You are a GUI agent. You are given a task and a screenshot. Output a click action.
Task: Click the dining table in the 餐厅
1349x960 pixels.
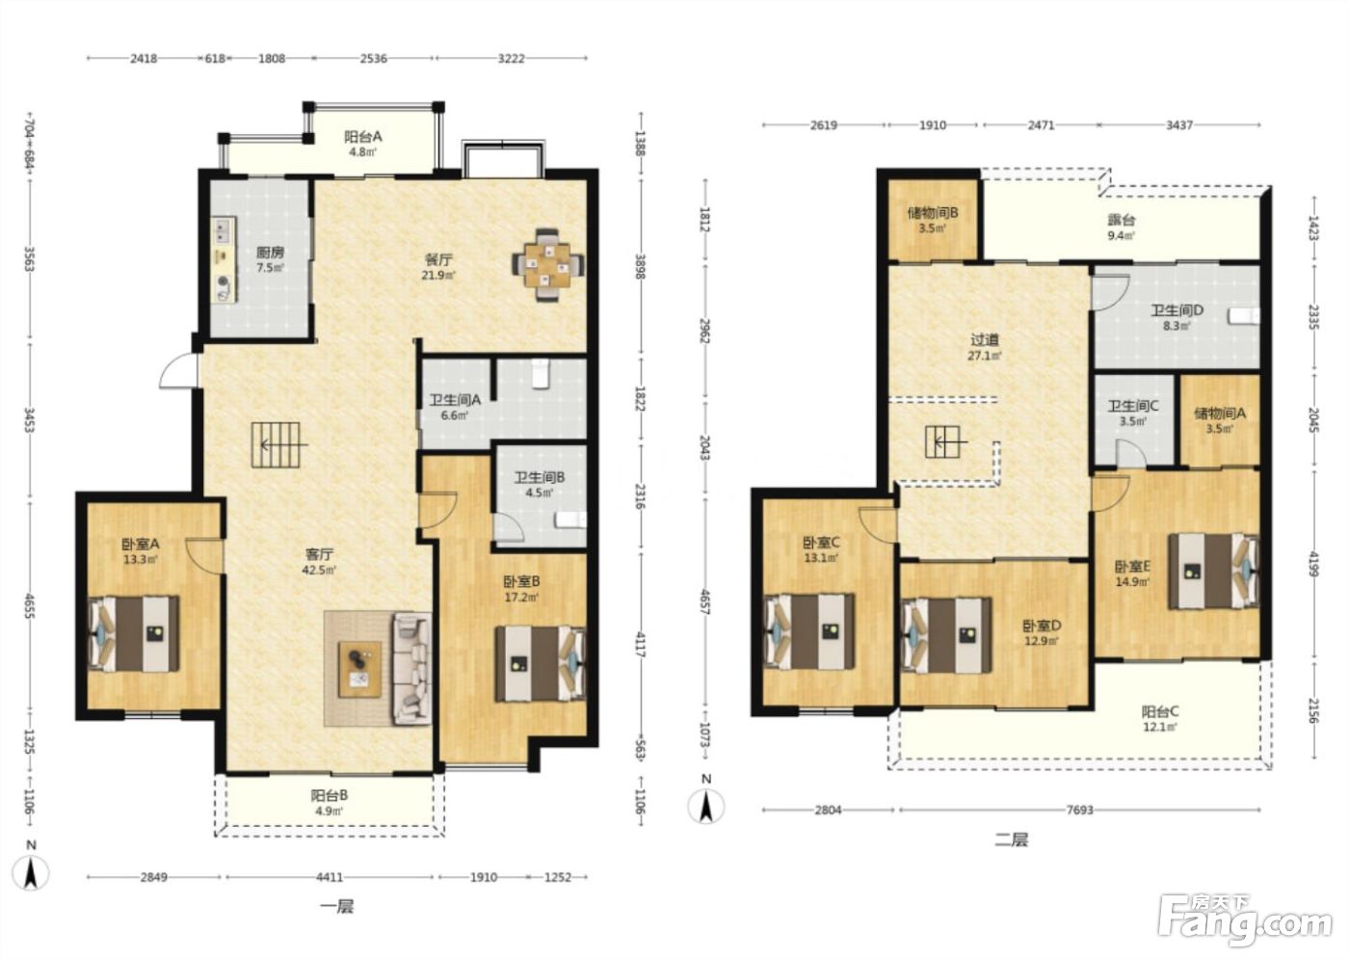click(547, 264)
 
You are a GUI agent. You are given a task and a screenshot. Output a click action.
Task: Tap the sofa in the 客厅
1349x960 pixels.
click(412, 669)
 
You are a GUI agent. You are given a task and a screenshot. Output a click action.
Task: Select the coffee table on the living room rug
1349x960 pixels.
click(359, 669)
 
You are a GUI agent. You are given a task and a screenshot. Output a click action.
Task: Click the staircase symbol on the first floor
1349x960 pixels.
click(276, 445)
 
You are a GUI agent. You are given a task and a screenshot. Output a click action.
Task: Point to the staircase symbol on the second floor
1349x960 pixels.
click(943, 441)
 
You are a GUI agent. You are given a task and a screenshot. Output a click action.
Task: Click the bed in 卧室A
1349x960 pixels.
click(134, 633)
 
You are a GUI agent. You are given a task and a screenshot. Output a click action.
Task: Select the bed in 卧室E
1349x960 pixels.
click(1213, 571)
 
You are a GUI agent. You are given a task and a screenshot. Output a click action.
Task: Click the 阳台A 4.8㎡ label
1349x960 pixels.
click(363, 144)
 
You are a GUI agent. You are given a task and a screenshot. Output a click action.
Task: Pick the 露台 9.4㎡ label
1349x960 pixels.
click(1122, 227)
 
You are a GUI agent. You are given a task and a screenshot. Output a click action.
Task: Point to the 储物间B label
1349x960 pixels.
click(933, 213)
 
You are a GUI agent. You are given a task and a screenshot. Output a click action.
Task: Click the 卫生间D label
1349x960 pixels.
click(1177, 310)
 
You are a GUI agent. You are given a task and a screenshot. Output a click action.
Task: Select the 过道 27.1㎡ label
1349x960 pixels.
click(984, 348)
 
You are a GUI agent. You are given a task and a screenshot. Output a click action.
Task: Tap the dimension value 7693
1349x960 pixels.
click(1079, 810)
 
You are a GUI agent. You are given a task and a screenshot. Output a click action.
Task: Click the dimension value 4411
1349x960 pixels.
click(330, 877)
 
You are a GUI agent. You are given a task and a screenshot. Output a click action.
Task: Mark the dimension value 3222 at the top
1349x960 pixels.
click(512, 59)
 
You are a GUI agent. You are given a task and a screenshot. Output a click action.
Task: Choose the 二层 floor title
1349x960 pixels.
click(1012, 840)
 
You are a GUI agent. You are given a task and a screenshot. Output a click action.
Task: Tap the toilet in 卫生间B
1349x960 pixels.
click(570, 520)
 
